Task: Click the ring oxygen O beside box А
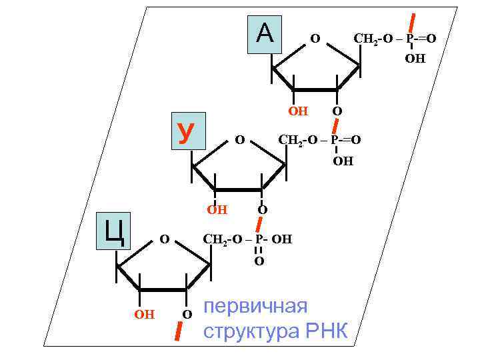tap(315, 40)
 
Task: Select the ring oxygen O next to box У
tap(241, 140)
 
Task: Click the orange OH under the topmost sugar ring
tap(298, 111)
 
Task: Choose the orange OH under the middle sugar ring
tap(217, 210)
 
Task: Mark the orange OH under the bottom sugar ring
tap(144, 313)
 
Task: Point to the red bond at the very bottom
tap(178, 329)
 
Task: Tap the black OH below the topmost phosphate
tap(415, 59)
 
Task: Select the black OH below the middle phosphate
tap(343, 161)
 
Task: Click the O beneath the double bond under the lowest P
tap(259, 261)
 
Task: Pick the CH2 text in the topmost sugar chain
tap(365, 39)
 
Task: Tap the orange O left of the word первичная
tap(187, 313)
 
